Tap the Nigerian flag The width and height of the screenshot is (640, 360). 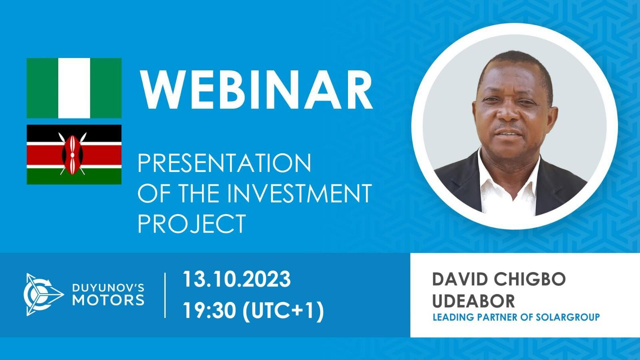(x=74, y=88)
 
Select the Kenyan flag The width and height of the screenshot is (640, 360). (x=74, y=154)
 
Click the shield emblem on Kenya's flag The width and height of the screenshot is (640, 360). (x=72, y=154)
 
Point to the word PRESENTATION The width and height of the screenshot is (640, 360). (x=224, y=163)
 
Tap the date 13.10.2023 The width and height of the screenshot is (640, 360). (x=236, y=279)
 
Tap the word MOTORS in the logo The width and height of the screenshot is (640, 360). (x=108, y=300)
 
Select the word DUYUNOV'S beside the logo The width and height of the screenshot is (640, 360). (x=108, y=288)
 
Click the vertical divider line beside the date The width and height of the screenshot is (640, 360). (x=165, y=295)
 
